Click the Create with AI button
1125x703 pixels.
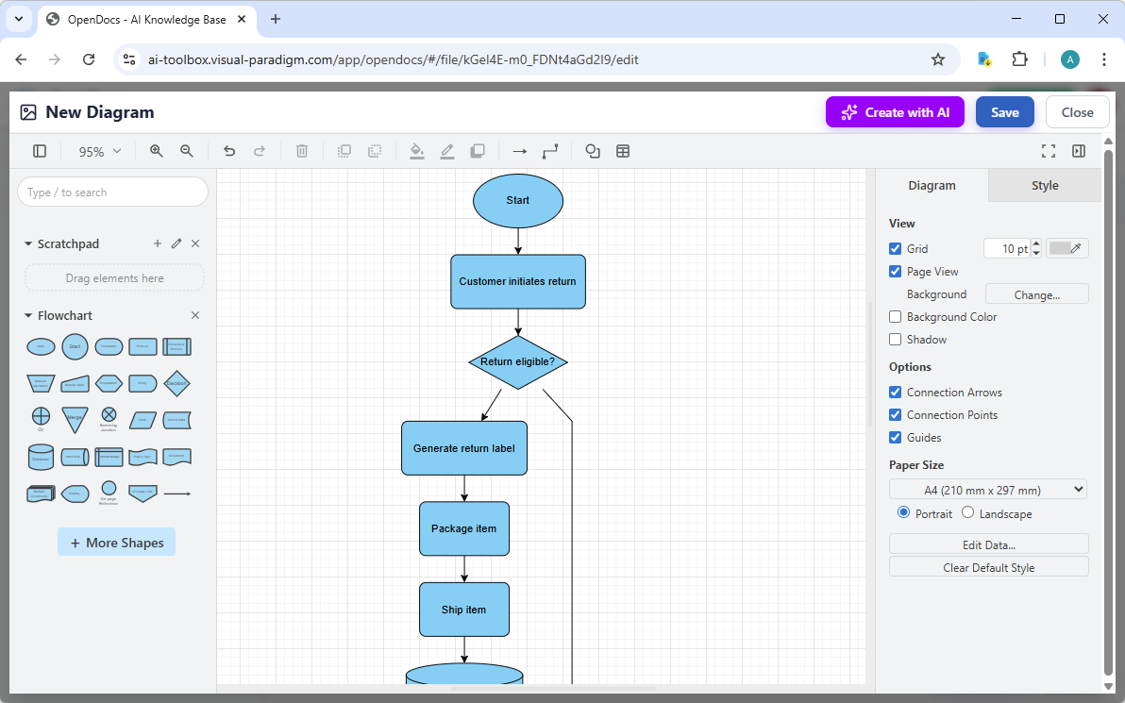[895, 112]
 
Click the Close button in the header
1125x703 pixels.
[1077, 112]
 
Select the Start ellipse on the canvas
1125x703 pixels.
[518, 200]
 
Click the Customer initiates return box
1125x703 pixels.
[518, 281]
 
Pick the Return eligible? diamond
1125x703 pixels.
[518, 361]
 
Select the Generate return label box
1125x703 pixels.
[464, 448]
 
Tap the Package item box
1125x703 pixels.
[464, 528]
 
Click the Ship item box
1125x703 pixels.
[464, 610]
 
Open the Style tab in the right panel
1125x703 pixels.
[1045, 186]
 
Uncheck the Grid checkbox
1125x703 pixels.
[896, 249]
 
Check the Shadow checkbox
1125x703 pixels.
[896, 340]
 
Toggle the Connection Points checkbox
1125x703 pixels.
[896, 415]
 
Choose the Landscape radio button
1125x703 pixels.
[967, 512]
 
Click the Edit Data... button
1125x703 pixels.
[988, 544]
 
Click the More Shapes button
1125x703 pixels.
[116, 543]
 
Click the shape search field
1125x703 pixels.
[112, 192]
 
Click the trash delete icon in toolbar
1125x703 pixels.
[302, 151]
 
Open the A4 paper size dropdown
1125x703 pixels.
[988, 490]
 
